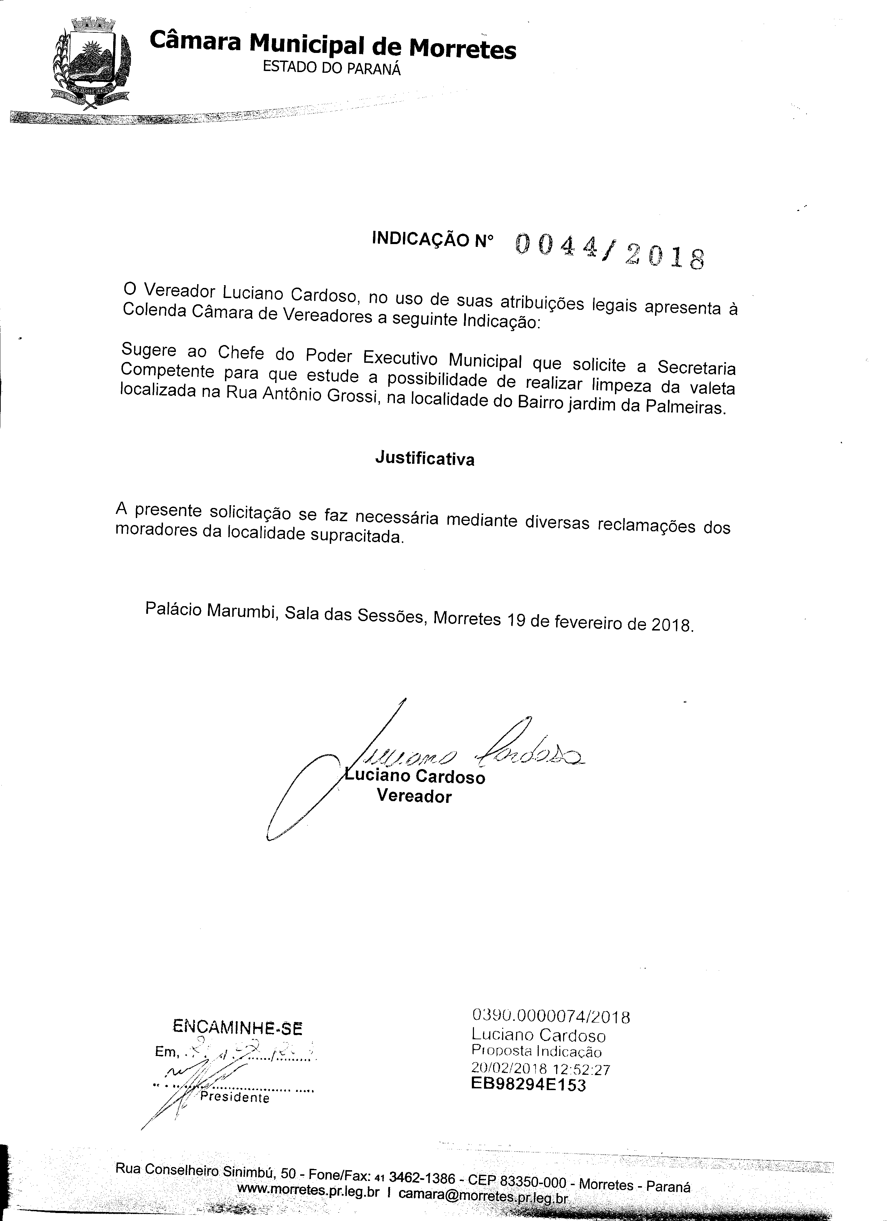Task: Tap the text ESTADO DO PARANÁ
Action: [332, 68]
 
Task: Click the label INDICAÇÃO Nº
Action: [433, 240]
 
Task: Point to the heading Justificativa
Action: [425, 459]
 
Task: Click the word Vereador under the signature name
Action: [414, 796]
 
